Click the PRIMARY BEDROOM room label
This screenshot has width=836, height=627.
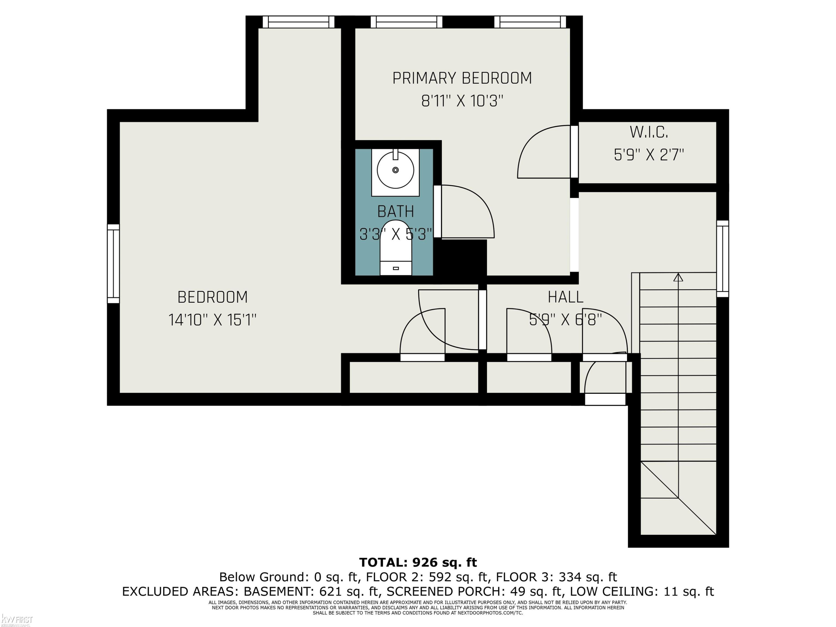coord(462,78)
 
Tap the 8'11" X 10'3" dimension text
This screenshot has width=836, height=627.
coord(462,101)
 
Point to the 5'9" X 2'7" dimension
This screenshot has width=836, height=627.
coord(648,155)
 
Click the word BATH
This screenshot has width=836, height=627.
coord(396,211)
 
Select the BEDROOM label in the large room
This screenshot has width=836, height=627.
coord(212,297)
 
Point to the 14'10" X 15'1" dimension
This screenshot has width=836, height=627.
coord(212,320)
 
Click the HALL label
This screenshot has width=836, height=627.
coord(565,297)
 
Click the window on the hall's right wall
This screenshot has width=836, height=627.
coord(723,259)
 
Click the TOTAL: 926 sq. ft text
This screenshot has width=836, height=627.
coord(418,562)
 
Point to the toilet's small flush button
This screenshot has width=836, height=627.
coord(396,268)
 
